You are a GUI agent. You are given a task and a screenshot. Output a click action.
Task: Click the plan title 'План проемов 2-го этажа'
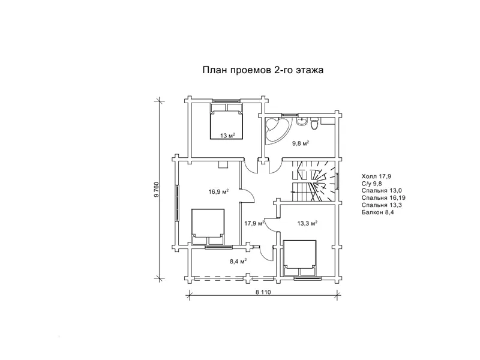click(x=263, y=70)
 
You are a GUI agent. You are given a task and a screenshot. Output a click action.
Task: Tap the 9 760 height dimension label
click(x=157, y=190)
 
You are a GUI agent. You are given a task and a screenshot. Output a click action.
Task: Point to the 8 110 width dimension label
click(x=263, y=292)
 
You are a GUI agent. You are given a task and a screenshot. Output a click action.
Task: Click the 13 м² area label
click(x=227, y=136)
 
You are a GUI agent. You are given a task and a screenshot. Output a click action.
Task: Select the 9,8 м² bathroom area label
click(x=301, y=143)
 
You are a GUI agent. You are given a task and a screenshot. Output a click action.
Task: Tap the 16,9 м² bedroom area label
click(x=219, y=192)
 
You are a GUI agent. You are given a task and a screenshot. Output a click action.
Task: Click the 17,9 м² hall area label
click(x=254, y=223)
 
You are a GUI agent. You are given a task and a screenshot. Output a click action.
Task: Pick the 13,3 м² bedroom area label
click(x=307, y=223)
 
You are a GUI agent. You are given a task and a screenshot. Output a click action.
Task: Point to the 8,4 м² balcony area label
click(x=238, y=261)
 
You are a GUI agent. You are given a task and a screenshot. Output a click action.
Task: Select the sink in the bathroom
click(x=302, y=121)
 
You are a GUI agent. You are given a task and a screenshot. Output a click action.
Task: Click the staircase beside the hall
click(x=314, y=181)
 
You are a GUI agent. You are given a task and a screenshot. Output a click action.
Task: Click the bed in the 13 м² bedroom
click(x=227, y=122)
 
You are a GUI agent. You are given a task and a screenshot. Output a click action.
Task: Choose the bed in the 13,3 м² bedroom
click(x=300, y=258)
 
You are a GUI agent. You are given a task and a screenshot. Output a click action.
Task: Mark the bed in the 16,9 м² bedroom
click(x=208, y=227)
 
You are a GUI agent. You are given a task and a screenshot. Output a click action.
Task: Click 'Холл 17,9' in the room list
click(x=376, y=176)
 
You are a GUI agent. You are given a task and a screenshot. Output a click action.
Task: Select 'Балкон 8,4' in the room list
click(x=378, y=212)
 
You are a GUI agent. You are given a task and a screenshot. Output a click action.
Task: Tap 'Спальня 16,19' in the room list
click(x=383, y=198)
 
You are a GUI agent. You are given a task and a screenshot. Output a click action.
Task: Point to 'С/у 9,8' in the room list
click(x=371, y=184)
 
